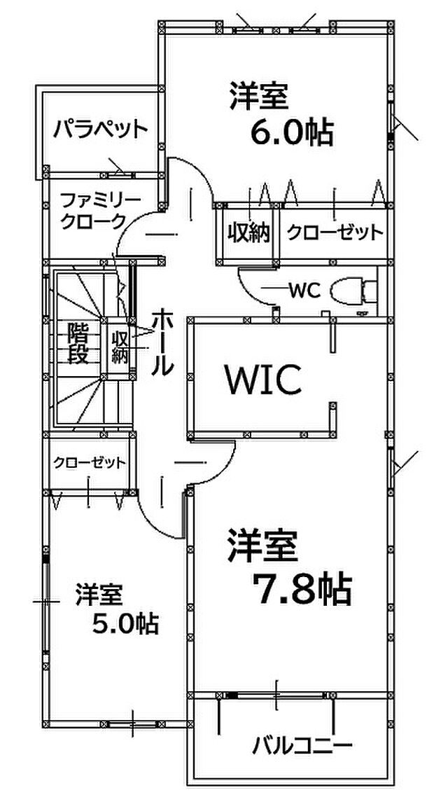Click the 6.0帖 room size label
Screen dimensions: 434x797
click(292, 133)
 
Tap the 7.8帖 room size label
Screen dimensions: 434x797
click(302, 588)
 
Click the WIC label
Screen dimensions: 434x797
click(265, 380)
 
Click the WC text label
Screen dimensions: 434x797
click(303, 291)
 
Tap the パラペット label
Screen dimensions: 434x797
click(101, 129)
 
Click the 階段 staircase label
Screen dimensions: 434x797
click(79, 343)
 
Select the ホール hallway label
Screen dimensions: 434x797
click(163, 342)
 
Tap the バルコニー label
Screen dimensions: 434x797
click(302, 746)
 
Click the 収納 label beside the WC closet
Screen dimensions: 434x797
click(248, 233)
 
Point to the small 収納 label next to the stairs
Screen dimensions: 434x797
click(120, 347)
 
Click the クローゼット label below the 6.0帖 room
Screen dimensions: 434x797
click(335, 233)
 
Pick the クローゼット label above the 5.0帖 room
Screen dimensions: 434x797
click(90, 462)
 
